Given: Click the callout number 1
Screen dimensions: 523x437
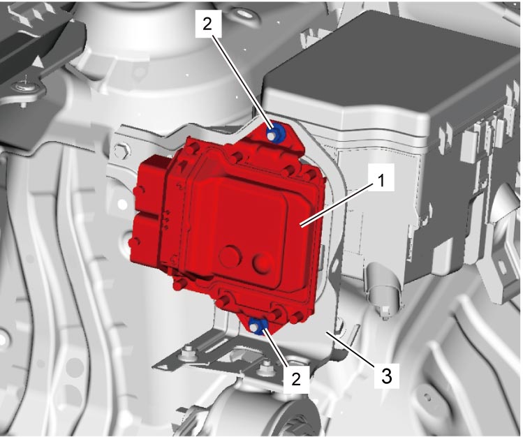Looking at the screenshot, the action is pyautogui.click(x=381, y=182).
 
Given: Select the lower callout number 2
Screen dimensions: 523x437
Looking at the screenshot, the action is pyautogui.click(x=296, y=379).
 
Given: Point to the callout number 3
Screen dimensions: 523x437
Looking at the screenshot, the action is pyautogui.click(x=386, y=377).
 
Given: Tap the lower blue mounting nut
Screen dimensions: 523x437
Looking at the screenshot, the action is pyautogui.click(x=257, y=326).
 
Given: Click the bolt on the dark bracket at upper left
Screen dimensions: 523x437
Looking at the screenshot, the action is pyautogui.click(x=25, y=87).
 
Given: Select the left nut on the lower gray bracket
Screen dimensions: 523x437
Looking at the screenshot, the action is pyautogui.click(x=189, y=353).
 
